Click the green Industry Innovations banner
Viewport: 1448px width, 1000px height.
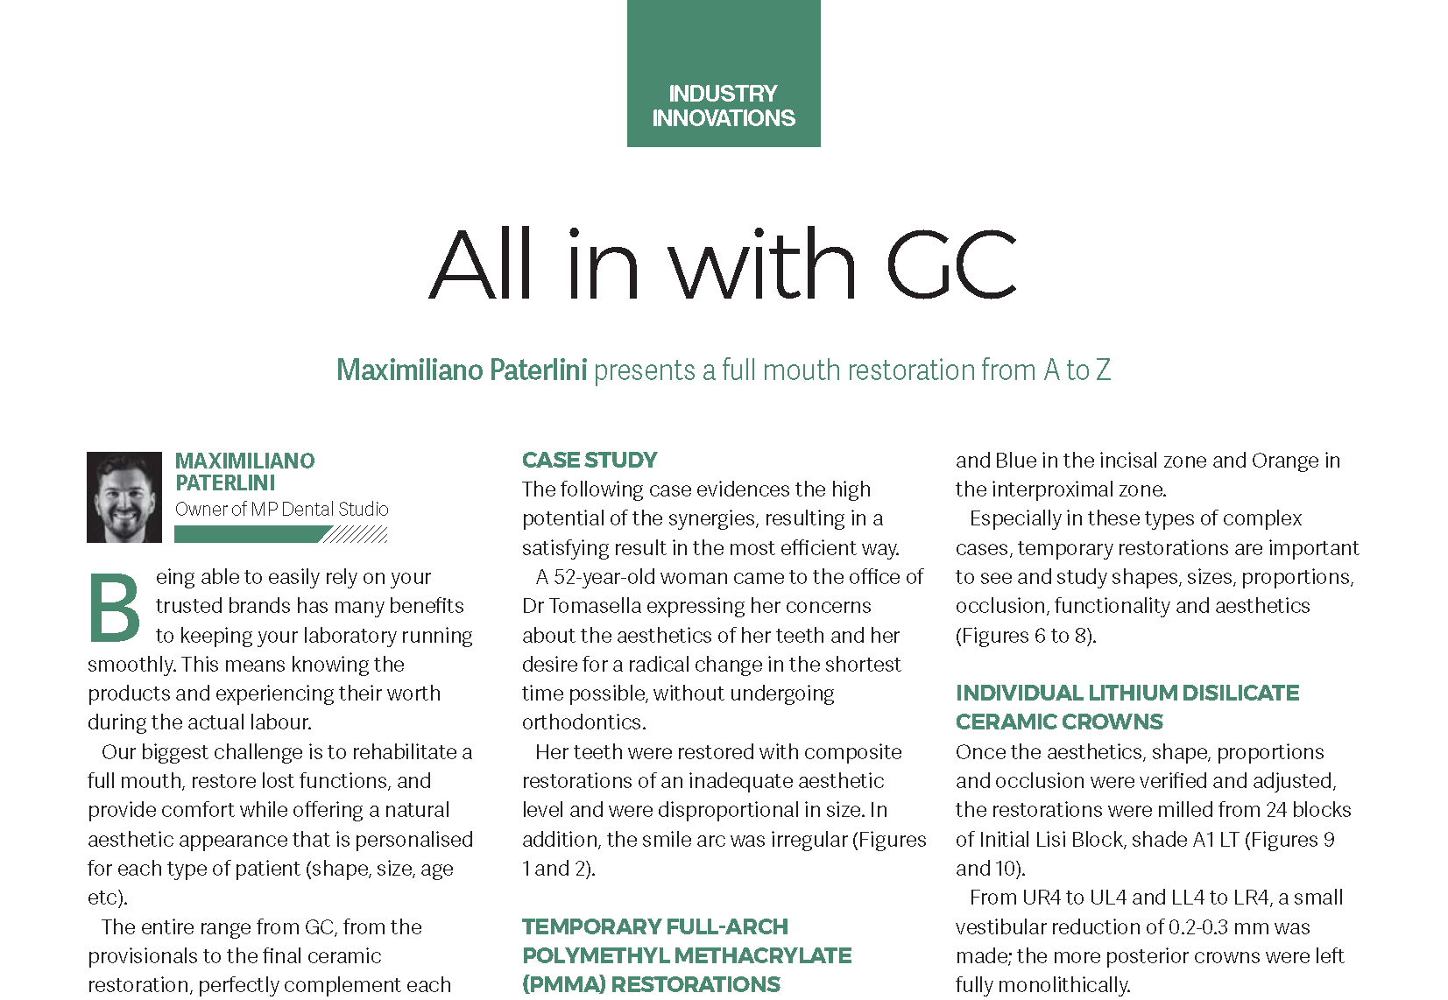point(724,74)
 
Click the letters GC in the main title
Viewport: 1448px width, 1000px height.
point(951,264)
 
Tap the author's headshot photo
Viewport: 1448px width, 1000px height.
point(124,497)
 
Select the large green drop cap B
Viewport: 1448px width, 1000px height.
point(115,607)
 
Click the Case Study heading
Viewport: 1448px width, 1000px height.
point(590,461)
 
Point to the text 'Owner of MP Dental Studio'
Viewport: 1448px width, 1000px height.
point(281,510)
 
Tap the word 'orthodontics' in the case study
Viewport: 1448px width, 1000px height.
point(583,722)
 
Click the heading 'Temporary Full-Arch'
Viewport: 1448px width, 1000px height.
point(654,926)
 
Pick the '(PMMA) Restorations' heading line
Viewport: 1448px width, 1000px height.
point(651,984)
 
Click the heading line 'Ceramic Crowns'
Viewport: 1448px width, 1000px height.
point(1059,722)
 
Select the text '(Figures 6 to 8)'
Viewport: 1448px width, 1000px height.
point(1025,636)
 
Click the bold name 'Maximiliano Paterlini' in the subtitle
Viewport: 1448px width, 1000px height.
point(462,370)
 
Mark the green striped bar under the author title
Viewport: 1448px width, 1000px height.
point(280,534)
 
